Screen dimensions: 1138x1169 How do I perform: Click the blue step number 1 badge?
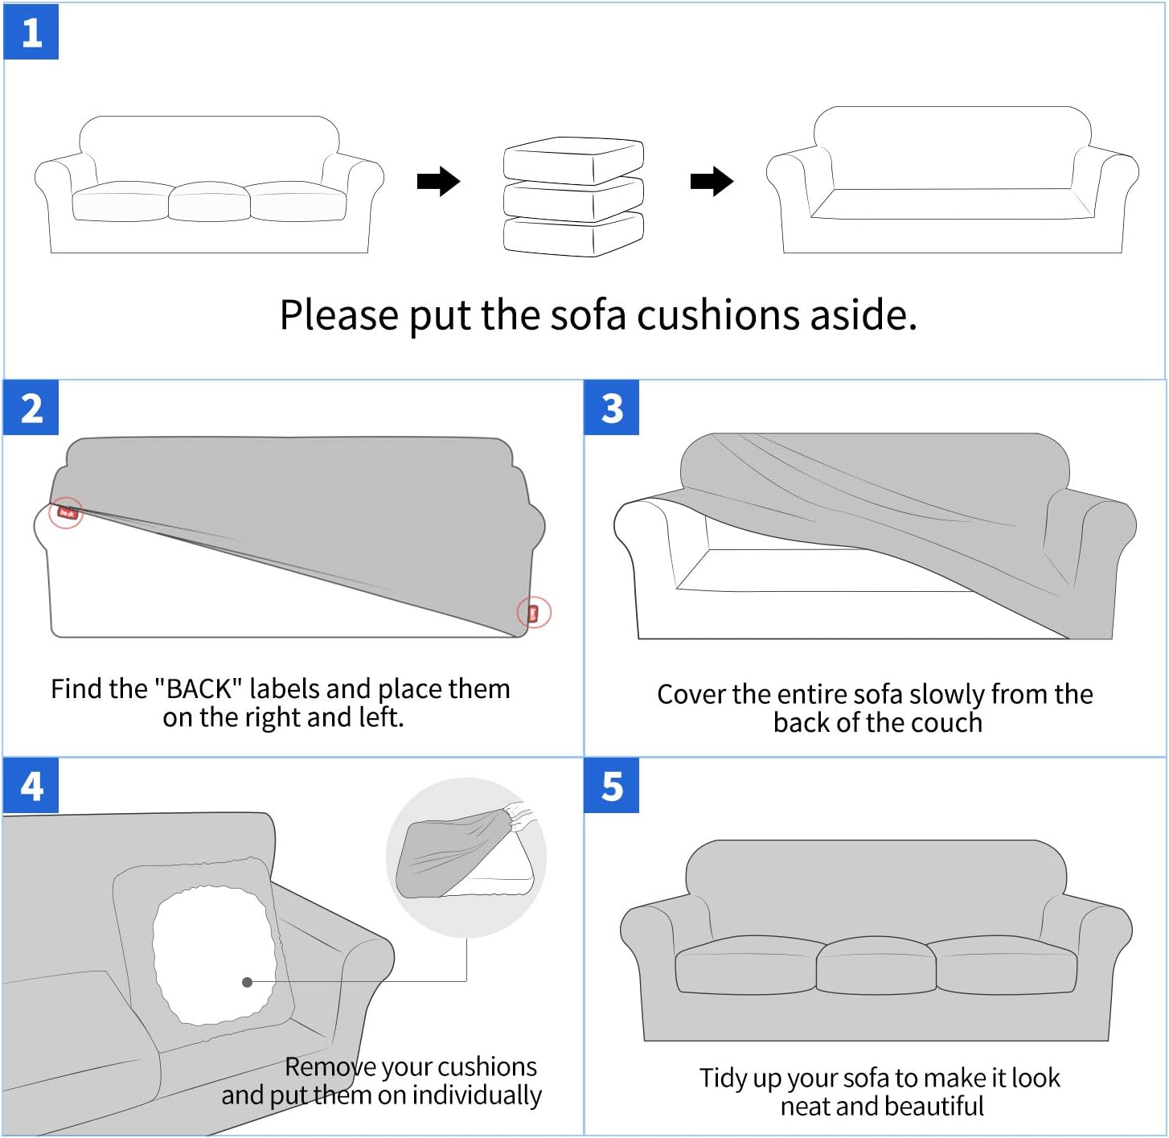pyautogui.click(x=31, y=32)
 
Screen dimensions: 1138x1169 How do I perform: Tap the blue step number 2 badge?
pyautogui.click(x=31, y=408)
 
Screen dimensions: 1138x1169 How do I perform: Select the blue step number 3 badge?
pyautogui.click(x=612, y=408)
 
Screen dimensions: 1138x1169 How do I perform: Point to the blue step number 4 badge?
pyautogui.click(x=31, y=785)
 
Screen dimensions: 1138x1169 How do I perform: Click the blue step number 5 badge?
pyautogui.click(x=612, y=785)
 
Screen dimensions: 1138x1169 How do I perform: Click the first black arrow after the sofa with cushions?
pyautogui.click(x=438, y=182)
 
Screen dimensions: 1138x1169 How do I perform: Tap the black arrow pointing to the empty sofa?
pyautogui.click(x=712, y=182)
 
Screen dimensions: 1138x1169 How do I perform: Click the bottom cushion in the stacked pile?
pyautogui.click(x=573, y=235)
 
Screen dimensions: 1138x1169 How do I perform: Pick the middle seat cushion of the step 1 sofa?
pyautogui.click(x=209, y=202)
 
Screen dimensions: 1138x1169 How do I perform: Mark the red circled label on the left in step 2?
pyautogui.click(x=66, y=512)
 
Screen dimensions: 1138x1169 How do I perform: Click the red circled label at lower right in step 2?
pyautogui.click(x=533, y=613)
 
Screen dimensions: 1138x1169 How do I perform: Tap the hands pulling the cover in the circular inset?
pyautogui.click(x=520, y=816)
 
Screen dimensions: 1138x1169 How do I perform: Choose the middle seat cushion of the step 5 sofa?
pyautogui.click(x=876, y=965)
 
